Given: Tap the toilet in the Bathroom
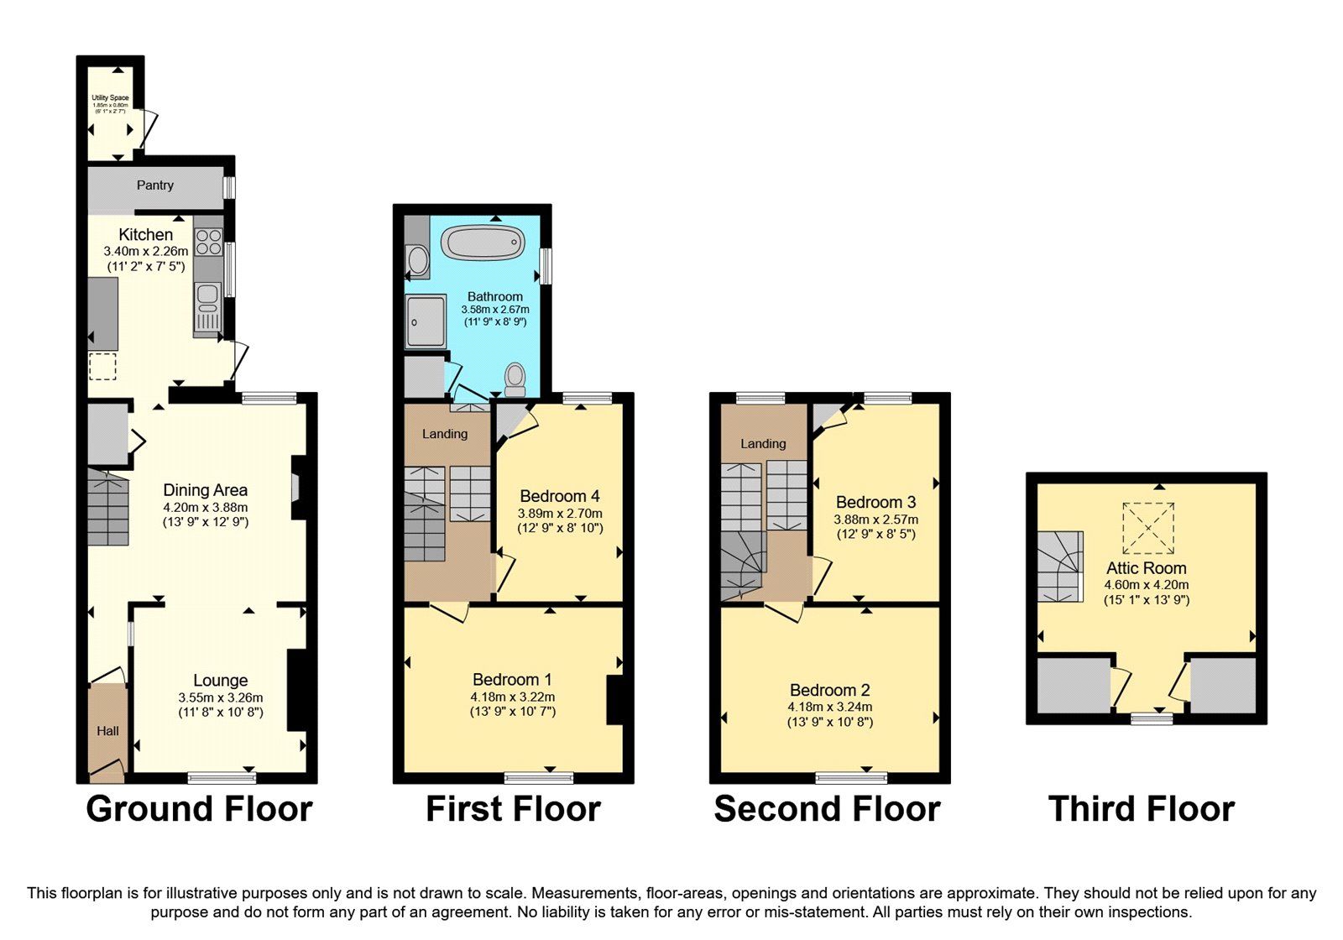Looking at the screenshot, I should click(515, 379).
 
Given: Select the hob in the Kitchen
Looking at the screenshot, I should click(208, 243).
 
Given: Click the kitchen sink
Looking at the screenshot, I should click(206, 307).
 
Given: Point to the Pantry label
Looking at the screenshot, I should click(155, 185).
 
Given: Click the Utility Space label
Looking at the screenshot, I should click(110, 98).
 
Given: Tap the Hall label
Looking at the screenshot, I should click(107, 731).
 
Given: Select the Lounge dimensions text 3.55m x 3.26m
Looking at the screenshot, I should click(220, 697).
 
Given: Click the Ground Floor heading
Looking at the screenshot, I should click(199, 809).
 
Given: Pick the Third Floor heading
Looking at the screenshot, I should click(1141, 809).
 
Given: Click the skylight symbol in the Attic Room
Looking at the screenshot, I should click(1148, 528).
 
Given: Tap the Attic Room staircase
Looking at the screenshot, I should click(1059, 567).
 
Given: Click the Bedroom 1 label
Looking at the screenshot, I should click(512, 680).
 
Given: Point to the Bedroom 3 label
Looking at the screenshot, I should click(875, 502).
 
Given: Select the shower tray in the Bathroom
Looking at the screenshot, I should click(426, 321).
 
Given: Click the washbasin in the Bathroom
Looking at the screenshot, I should click(417, 260).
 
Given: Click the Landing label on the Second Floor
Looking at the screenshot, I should click(763, 443).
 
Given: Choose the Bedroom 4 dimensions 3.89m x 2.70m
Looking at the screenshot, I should click(560, 514).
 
